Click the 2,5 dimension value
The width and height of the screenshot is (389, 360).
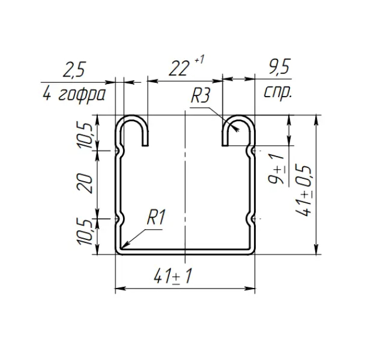[74, 70]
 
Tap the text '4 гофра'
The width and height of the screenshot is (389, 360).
[74, 95]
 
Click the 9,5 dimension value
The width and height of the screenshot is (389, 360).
[279, 67]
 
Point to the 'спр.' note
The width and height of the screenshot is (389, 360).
[277, 93]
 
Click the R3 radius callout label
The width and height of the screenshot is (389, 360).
[200, 96]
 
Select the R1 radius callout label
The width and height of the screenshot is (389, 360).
[156, 217]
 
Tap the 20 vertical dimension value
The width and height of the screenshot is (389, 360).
[86, 183]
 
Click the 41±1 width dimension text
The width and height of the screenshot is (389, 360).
[173, 277]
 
